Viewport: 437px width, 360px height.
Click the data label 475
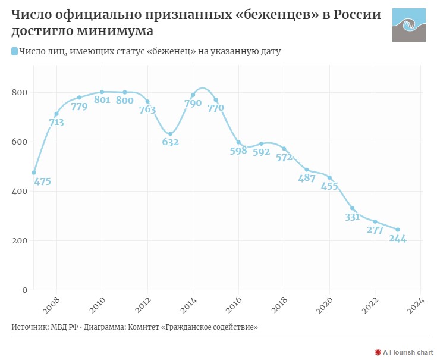tap(43, 182)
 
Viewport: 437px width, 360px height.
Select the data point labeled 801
tap(102, 92)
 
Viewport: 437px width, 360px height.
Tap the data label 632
tap(170, 142)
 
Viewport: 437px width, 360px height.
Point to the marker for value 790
tap(193, 95)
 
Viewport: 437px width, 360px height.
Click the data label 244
tap(397, 239)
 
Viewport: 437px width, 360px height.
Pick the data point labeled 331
tap(353, 208)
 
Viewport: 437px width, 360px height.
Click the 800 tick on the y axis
tap(20, 93)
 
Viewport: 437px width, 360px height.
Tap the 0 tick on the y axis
tap(24, 290)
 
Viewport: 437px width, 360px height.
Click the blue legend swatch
tap(14, 52)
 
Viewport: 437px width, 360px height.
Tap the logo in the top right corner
tap(408, 26)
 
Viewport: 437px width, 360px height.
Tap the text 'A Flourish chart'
tap(408, 352)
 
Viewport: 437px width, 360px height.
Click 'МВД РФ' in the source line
tap(62, 327)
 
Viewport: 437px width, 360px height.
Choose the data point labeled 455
tap(329, 177)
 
